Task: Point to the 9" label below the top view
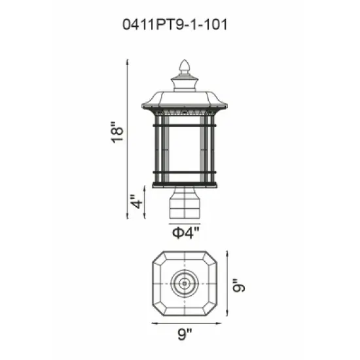coord(185,335)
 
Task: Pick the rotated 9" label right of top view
coord(240,286)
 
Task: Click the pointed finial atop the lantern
coord(185,67)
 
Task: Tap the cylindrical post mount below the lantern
coord(185,204)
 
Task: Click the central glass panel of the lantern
coord(185,147)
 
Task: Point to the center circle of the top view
coord(185,285)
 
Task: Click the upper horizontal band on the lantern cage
coord(185,121)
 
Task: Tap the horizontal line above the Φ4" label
coord(185,223)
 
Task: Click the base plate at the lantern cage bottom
coord(185,186)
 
